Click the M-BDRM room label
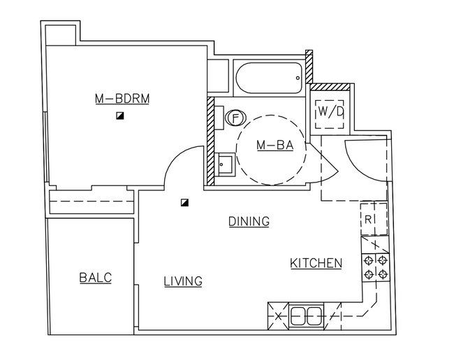[122, 99]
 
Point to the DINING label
[249, 222]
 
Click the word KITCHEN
[316, 264]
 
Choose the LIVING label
[183, 281]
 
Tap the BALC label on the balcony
[96, 278]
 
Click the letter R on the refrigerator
[369, 219]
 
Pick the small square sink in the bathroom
[225, 166]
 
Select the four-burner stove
[375, 267]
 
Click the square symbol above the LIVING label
[184, 203]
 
